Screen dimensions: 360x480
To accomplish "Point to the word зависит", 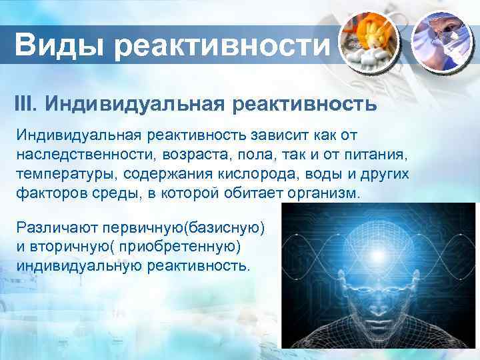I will point(277,135).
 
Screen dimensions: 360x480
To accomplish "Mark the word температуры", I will point(64,175).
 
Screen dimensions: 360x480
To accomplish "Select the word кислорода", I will point(259,175).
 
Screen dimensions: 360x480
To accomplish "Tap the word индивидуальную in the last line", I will point(75,266).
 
